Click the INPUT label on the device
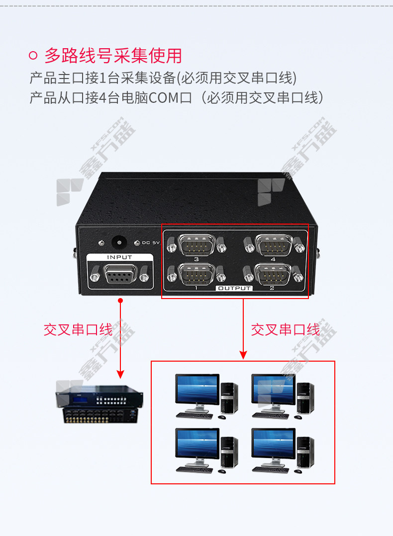(x=119, y=257)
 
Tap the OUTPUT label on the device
(x=234, y=288)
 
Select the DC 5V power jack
(x=119, y=243)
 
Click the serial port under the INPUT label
(x=119, y=275)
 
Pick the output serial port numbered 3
(x=196, y=245)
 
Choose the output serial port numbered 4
(x=274, y=245)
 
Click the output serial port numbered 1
(x=196, y=274)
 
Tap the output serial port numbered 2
(x=273, y=274)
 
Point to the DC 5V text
(x=151, y=243)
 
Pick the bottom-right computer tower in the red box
(x=306, y=452)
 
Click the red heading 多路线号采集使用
(x=113, y=55)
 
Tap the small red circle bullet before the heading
(x=33, y=55)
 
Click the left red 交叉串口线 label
(x=78, y=330)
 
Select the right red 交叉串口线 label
(x=286, y=330)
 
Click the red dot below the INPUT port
(x=120, y=301)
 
